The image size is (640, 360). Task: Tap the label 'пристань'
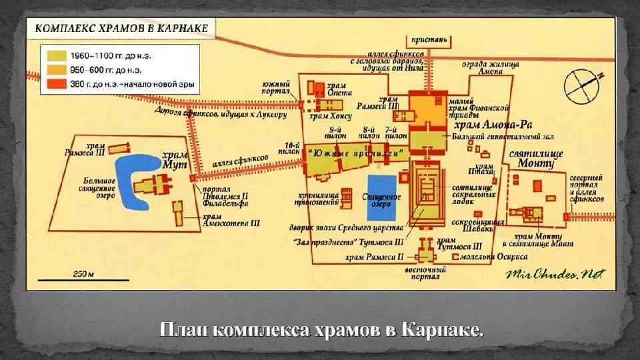(433, 40)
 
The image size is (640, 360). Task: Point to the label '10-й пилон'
(291, 148)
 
